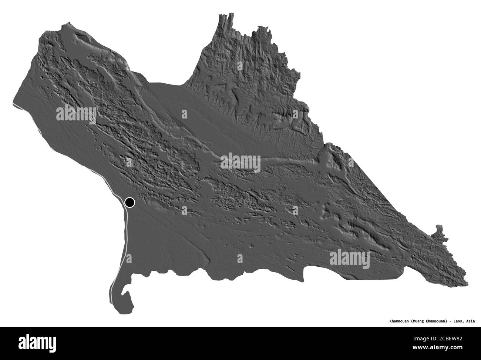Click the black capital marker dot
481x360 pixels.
(x=130, y=202)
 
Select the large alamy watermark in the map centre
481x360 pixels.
(x=240, y=162)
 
